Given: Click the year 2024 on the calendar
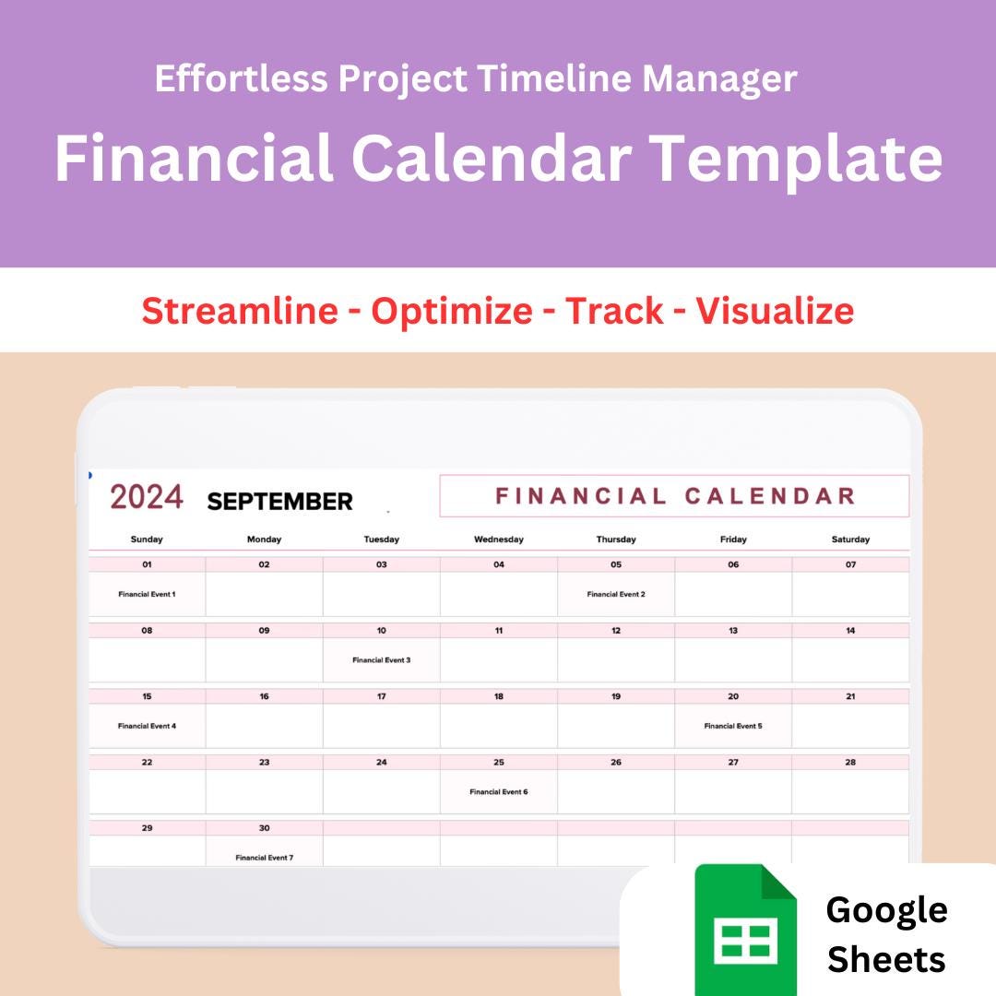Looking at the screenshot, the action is (147, 497).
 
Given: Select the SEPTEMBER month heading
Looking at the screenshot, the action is (279, 502).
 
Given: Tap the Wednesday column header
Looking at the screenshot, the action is (499, 539).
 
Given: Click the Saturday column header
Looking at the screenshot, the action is (850, 539).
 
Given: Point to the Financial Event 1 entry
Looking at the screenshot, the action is (147, 595).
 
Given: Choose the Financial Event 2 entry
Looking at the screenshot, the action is (616, 595).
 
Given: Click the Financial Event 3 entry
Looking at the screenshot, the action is (381, 660).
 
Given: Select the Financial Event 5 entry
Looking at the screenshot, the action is (733, 726).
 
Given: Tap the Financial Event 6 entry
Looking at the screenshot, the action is (499, 792).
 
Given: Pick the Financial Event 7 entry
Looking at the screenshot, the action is (265, 858).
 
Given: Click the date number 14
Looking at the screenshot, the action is (850, 631).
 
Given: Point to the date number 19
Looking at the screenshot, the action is (616, 697).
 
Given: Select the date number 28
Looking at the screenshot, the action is (850, 763).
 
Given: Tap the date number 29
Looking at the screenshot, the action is (147, 828).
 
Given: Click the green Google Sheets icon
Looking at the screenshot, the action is (746, 930).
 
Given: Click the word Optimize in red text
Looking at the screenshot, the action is (452, 311).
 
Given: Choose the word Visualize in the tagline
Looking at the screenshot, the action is (775, 311).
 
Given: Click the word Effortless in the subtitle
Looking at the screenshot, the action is (242, 78).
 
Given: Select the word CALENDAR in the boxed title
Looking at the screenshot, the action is (770, 496).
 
